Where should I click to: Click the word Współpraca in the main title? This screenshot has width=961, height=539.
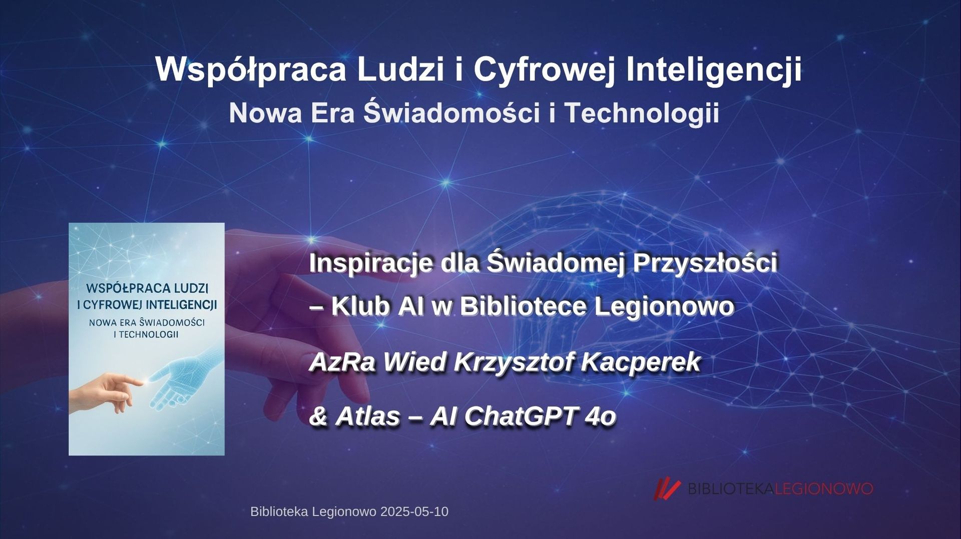pyautogui.click(x=250, y=69)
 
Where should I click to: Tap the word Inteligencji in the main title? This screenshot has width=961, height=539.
pyautogui.click(x=714, y=69)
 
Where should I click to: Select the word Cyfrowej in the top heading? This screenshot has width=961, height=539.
pyautogui.click(x=544, y=69)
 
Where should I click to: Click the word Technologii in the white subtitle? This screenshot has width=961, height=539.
pyautogui.click(x=642, y=113)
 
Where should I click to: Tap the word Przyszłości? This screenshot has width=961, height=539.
pyautogui.click(x=705, y=263)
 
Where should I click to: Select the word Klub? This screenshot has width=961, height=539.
pyautogui.click(x=360, y=306)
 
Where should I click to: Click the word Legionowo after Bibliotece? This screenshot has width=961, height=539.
pyautogui.click(x=664, y=306)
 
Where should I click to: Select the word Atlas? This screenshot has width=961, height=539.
pyautogui.click(x=368, y=416)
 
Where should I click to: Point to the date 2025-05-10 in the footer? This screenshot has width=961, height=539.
pyautogui.click(x=414, y=512)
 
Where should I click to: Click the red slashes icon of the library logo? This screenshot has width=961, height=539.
pyautogui.click(x=668, y=489)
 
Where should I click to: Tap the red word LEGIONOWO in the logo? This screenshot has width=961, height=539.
pyautogui.click(x=824, y=488)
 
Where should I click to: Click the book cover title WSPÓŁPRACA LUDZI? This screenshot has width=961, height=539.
pyautogui.click(x=147, y=288)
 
